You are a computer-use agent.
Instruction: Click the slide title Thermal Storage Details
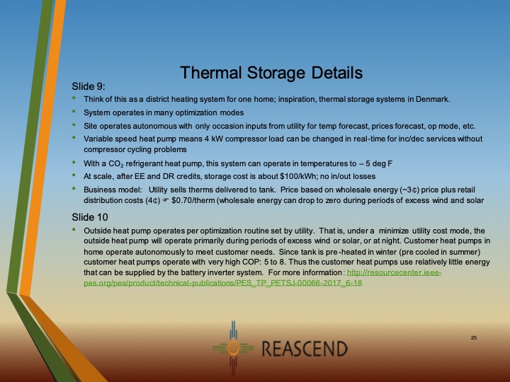tap(271, 73)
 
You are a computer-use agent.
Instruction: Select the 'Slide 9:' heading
tap(89, 86)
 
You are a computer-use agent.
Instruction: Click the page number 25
tap(473, 338)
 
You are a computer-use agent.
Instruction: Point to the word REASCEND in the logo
tap(305, 349)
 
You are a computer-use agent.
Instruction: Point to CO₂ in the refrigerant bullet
tap(111, 163)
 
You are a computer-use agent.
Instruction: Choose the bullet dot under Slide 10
tap(75, 231)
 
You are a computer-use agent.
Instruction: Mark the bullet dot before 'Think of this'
tap(75, 98)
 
